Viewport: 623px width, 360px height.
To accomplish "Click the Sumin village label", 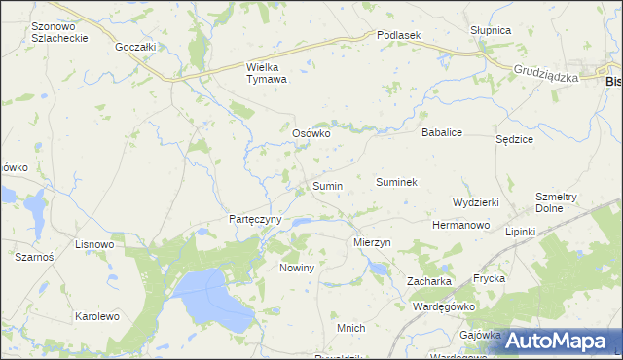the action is [327, 185].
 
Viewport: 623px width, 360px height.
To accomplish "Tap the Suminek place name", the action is [396, 182].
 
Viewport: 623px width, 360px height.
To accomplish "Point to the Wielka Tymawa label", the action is [266, 74].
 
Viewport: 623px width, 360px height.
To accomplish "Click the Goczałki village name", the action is [135, 46].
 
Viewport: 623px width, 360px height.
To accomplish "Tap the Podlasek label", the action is [398, 35].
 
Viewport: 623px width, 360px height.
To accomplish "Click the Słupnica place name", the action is [491, 30].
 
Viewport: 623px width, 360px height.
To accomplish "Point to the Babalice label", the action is [440, 131].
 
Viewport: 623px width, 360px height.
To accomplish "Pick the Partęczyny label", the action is [255, 220].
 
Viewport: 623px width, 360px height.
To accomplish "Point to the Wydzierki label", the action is [476, 202].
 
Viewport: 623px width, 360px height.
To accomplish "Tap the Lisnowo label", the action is [94, 244].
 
